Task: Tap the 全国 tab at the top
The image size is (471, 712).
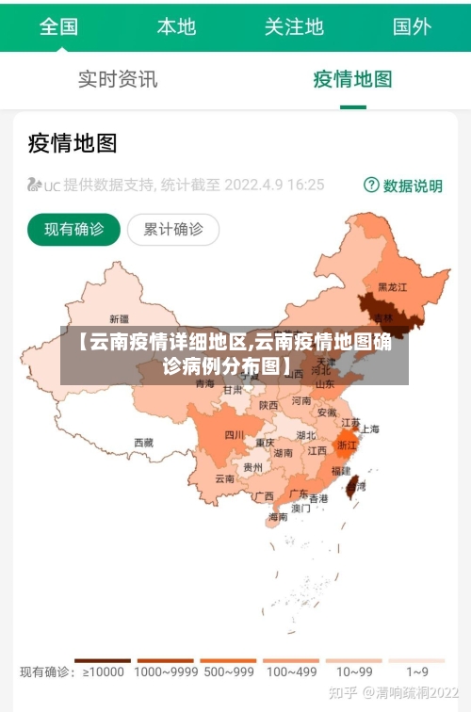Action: click(x=58, y=25)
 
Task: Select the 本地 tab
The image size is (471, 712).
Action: click(x=176, y=25)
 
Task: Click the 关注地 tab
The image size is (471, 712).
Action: click(x=294, y=25)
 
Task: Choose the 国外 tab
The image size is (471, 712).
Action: click(x=412, y=25)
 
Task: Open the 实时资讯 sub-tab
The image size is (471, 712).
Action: click(x=118, y=79)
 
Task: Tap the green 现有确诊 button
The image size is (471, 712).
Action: click(x=74, y=229)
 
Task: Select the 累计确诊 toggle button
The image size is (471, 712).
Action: click(x=172, y=229)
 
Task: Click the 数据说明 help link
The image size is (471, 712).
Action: click(x=403, y=186)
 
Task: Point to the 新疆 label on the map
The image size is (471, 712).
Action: click(x=120, y=318)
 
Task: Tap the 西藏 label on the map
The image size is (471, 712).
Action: click(x=143, y=442)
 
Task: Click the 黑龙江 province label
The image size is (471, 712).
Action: click(x=392, y=286)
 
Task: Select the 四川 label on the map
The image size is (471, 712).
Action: click(x=235, y=435)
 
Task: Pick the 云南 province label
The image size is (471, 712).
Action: click(x=224, y=478)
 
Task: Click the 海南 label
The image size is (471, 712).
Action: click(x=278, y=516)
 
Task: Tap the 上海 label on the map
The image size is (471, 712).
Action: click(x=369, y=429)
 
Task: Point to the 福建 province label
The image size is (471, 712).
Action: click(x=341, y=471)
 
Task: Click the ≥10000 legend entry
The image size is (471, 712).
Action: click(x=104, y=672)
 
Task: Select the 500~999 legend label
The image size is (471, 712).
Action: click(x=228, y=672)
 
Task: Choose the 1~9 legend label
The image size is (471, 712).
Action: click(x=417, y=672)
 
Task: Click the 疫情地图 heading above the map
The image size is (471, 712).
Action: click(x=73, y=143)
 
